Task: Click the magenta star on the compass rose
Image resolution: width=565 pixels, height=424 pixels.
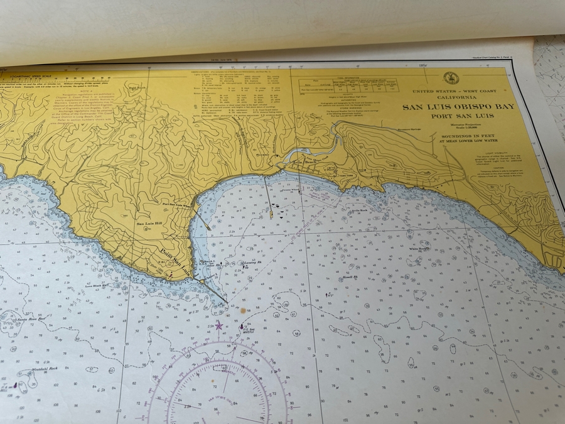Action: point(218,325)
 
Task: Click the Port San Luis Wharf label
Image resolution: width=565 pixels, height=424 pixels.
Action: point(176,204)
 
